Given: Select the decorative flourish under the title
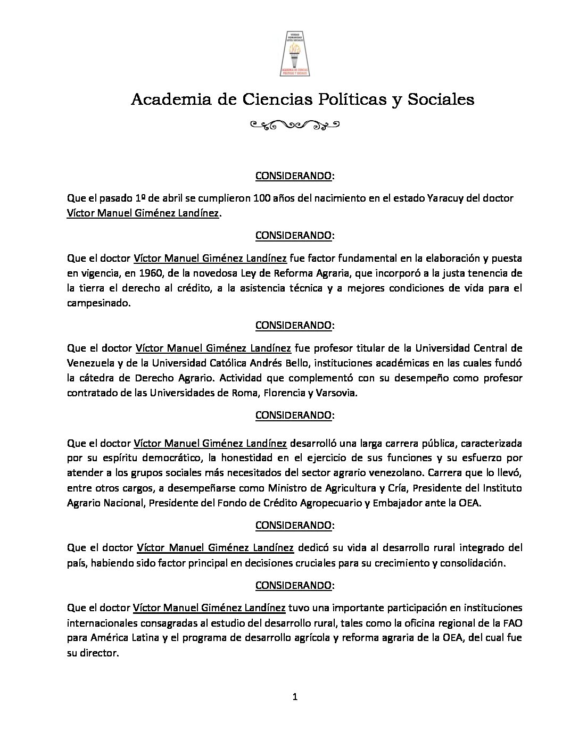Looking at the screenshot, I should point(294,126).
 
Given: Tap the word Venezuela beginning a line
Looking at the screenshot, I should point(89,363).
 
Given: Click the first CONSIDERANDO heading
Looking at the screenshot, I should point(294,176).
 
